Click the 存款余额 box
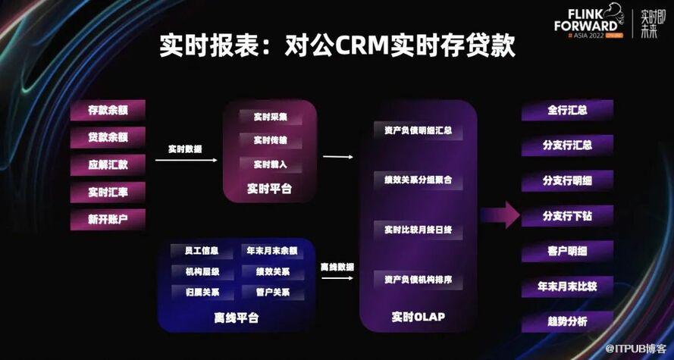108,111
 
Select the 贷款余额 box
108,138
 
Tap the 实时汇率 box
108,193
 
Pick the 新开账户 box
108,220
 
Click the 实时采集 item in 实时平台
270,117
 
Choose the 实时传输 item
270,140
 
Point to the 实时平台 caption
269,189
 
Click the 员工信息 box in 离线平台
195,251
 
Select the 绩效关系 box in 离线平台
271,271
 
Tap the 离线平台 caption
236,318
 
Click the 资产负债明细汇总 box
418,130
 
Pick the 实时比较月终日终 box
418,230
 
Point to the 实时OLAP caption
419,316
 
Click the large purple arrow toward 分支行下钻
499,216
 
